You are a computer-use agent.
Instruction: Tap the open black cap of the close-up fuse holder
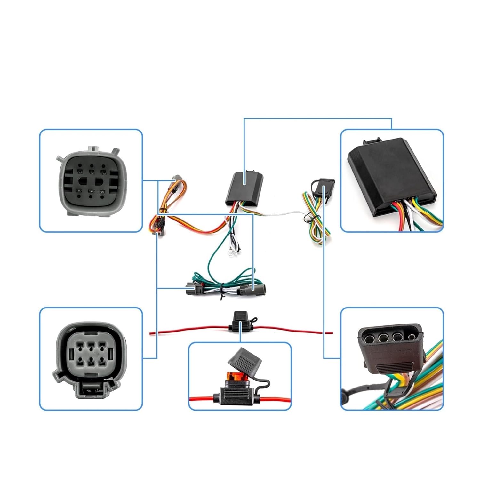[x=244, y=360]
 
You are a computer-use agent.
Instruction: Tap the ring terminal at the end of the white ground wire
[x=229, y=255]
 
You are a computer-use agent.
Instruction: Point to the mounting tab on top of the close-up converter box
[x=371, y=140]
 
